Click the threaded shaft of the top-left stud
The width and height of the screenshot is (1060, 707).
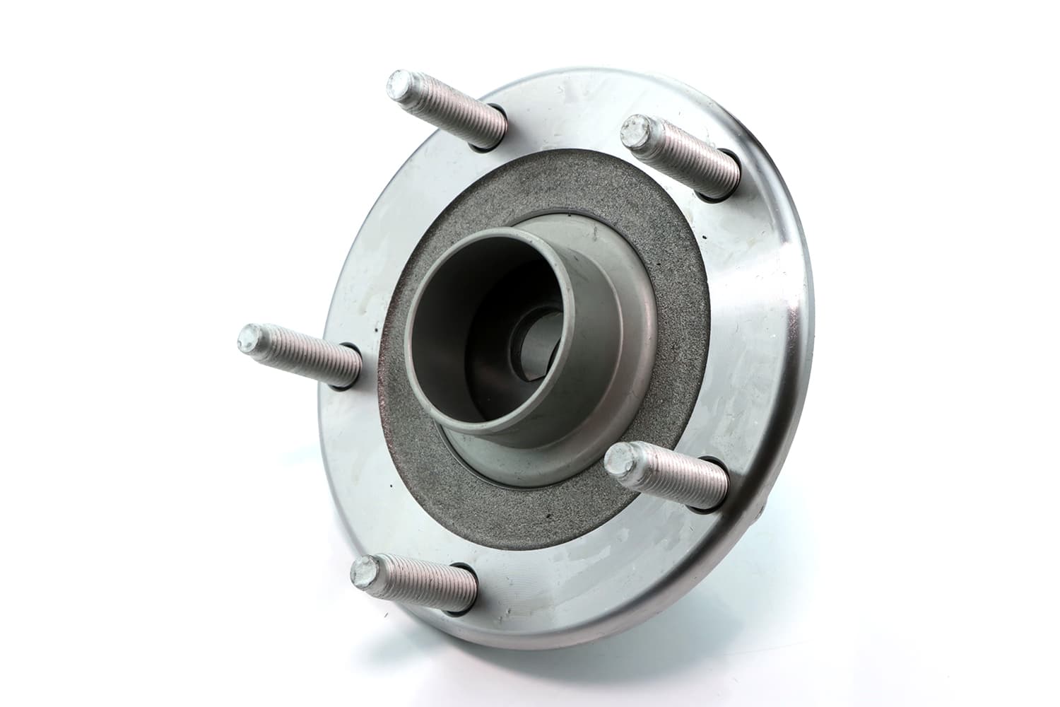coord(452,113)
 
